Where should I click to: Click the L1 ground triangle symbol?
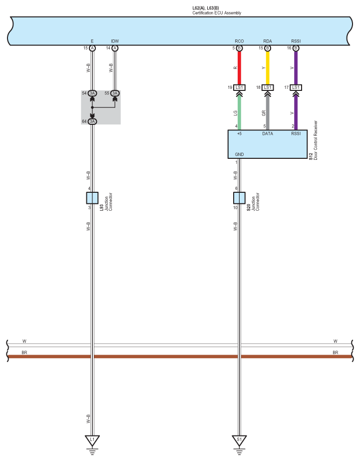(92, 441)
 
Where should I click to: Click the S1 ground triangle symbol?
(239, 441)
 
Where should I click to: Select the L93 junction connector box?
(92, 198)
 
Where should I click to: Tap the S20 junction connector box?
(239, 198)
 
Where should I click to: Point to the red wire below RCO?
(239, 68)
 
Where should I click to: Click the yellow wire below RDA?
(268, 68)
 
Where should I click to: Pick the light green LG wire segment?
(239, 113)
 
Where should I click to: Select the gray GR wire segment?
(268, 113)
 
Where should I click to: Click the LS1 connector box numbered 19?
(239, 87)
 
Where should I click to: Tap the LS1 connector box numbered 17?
(296, 87)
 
